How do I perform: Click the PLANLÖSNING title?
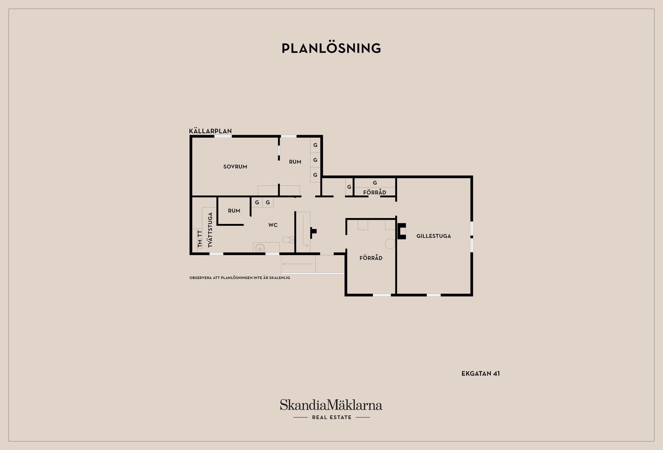[x=331, y=48]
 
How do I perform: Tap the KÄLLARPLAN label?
[x=210, y=131]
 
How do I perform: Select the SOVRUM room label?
[x=235, y=167]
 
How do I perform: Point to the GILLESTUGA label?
[x=434, y=236]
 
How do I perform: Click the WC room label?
[x=273, y=225]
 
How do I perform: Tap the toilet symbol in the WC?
[x=288, y=240]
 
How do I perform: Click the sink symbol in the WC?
[x=260, y=247]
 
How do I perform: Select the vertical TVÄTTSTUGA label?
[x=210, y=229]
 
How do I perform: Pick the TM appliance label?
[x=200, y=243]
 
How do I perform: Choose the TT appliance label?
[x=200, y=234]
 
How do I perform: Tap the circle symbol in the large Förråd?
[x=390, y=244]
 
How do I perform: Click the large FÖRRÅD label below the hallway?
[x=371, y=258]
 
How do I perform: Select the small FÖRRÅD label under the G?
[x=375, y=192]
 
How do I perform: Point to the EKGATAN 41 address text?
[x=481, y=374]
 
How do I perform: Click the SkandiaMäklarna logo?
[x=331, y=405]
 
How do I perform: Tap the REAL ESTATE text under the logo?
[x=331, y=418]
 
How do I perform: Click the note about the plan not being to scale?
[x=240, y=278]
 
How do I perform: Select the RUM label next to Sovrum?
[x=295, y=162]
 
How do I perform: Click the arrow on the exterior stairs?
[x=298, y=264]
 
